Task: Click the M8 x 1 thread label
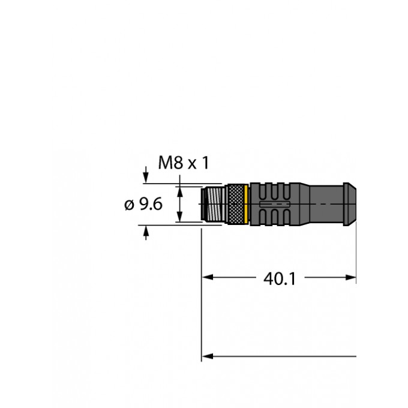[183, 163]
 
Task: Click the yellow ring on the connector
[247, 205]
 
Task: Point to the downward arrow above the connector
[146, 178]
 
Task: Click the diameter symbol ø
[128, 205]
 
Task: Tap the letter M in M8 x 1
[164, 163]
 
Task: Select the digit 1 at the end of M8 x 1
[205, 163]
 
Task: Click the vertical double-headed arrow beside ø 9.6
[179, 204]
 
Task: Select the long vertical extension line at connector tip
[201, 294]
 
